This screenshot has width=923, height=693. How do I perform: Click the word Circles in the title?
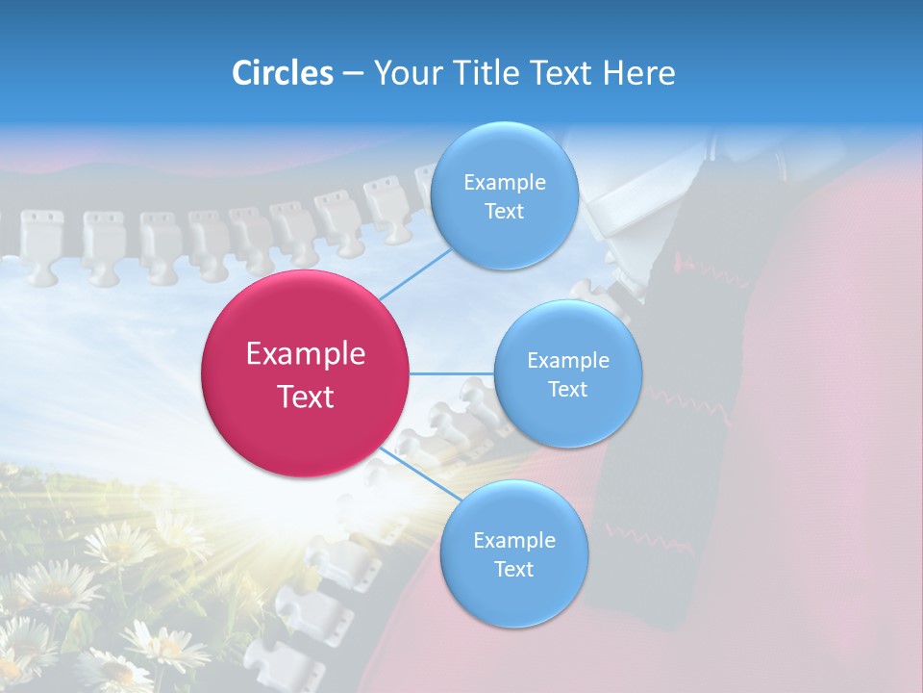283,73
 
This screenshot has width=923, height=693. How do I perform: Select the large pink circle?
306,374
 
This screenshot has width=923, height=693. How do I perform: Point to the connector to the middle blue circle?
452,373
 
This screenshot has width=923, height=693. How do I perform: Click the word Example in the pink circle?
306,354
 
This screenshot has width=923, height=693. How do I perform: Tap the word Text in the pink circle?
306,397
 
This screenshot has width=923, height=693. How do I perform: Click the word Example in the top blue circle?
505,183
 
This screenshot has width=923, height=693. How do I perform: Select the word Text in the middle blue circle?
568,390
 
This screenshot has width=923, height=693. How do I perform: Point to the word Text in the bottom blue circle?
514,570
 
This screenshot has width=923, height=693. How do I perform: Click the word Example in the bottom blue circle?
514,541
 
